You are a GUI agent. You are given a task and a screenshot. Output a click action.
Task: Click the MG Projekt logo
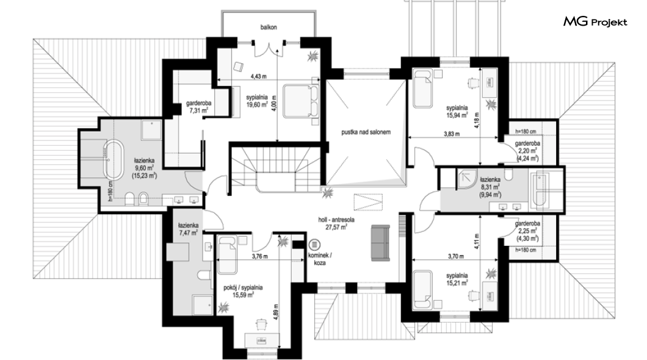tap(595, 21)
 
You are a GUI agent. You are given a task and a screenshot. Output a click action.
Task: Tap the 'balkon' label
tap(269, 27)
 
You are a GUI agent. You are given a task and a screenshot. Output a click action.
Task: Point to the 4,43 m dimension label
tap(259, 76)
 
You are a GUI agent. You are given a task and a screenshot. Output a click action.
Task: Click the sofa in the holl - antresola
tap(380, 243)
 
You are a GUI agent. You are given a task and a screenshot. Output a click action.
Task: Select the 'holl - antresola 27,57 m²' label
tap(336, 223)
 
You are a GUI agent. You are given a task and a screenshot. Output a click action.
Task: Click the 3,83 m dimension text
tap(452, 134)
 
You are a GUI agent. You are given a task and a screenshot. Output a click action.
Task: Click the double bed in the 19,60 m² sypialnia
tap(301, 101)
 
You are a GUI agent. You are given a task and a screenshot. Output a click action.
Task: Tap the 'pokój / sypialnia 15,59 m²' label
tap(243, 291)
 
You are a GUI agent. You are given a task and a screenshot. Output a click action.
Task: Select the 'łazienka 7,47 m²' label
tap(188, 229)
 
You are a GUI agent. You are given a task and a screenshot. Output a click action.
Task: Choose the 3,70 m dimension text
tap(455, 256)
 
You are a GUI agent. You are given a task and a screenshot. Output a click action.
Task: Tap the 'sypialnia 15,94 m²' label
tap(457, 111)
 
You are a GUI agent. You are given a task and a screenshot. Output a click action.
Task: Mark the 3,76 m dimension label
tap(259, 256)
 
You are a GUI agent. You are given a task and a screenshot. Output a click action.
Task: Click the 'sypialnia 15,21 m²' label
tap(457, 279)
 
